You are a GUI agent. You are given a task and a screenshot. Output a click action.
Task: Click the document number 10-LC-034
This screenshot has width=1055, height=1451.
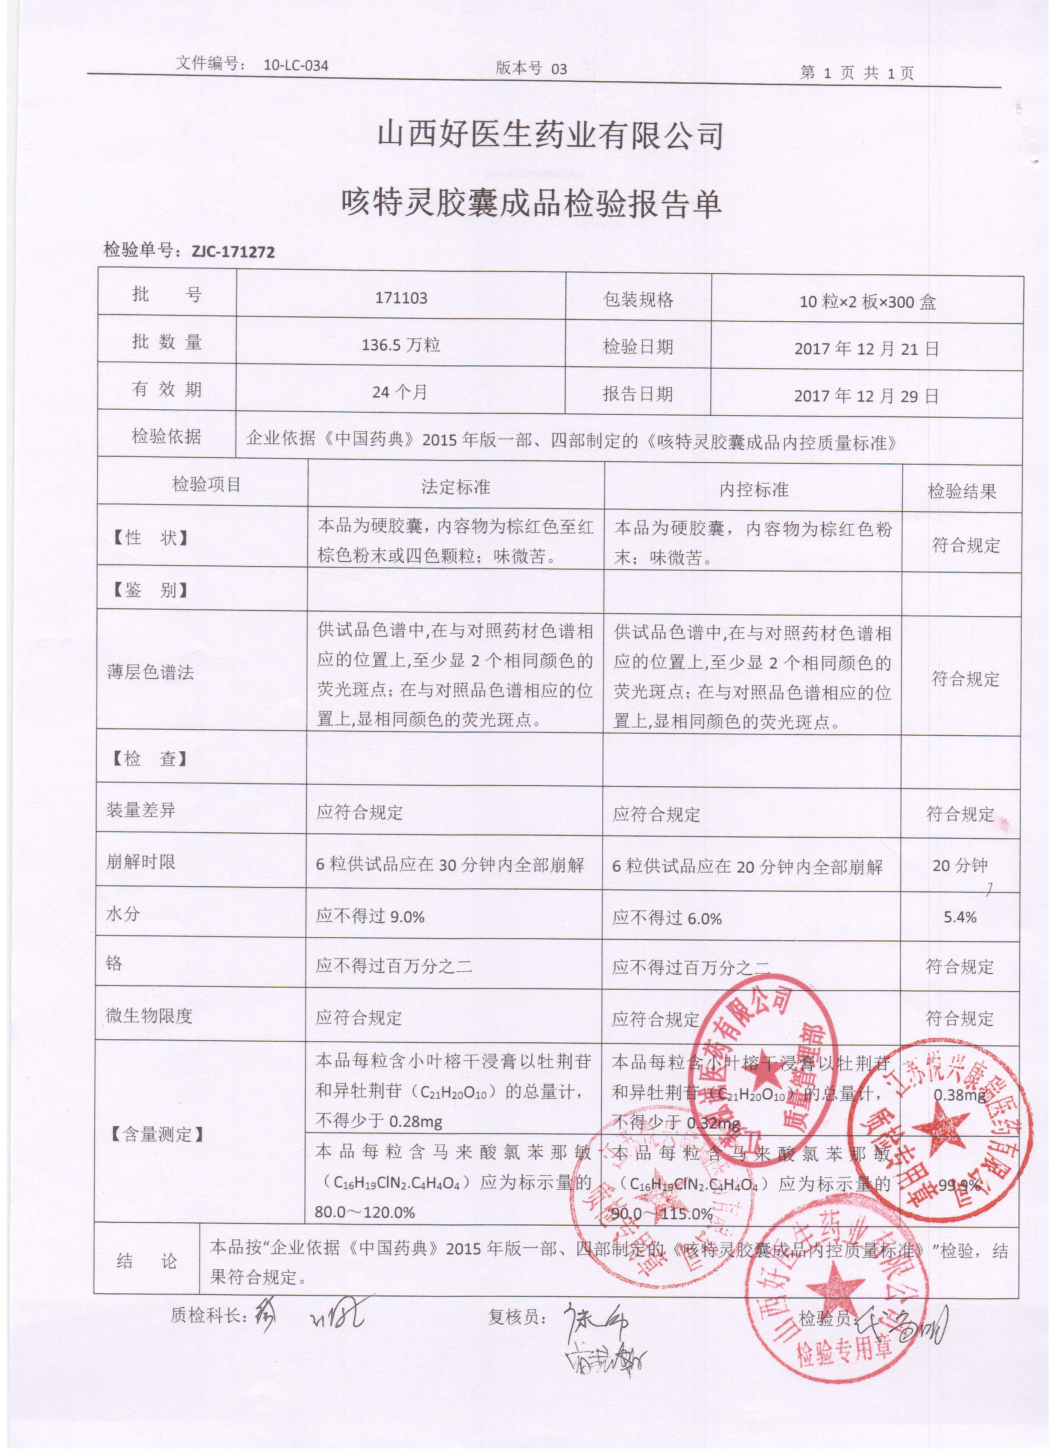coord(295,65)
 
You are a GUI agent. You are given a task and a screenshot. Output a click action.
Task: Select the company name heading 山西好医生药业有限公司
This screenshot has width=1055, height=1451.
coord(550,136)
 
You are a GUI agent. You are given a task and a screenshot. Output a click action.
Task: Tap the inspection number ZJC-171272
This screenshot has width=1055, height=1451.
coord(233,252)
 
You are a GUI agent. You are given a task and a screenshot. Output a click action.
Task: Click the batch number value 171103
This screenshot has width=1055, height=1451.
coord(401,298)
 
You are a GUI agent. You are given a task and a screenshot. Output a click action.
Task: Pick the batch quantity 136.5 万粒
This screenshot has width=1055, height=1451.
coord(401,345)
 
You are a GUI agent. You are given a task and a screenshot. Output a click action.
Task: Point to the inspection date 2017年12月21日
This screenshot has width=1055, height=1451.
coord(866,349)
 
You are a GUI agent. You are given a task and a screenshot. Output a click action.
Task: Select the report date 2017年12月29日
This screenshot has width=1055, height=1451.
coord(866,396)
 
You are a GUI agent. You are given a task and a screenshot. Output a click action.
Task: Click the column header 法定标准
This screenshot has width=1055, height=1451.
coord(456,487)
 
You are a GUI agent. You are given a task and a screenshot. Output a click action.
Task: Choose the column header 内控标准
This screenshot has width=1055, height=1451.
coord(754,490)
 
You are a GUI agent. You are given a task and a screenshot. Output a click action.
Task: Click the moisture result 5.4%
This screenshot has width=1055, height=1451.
coord(959,917)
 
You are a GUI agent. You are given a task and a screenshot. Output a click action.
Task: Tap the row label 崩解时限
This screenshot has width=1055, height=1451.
coord(141,862)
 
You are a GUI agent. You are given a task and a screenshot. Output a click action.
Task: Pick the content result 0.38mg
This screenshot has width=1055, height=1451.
coord(959,1095)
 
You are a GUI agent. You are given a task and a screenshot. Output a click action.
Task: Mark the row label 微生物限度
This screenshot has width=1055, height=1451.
coord(149,1015)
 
